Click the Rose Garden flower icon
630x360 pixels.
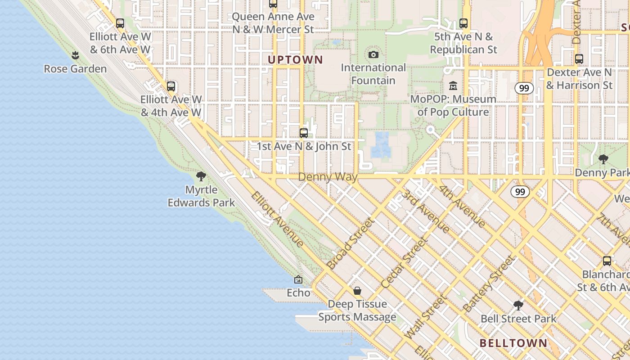click(75, 55)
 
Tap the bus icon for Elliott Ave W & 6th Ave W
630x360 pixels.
click(120, 23)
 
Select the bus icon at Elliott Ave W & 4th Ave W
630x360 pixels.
click(171, 86)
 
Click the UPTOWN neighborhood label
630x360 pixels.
click(296, 59)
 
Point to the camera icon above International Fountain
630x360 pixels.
click(373, 55)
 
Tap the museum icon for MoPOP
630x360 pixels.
click(453, 85)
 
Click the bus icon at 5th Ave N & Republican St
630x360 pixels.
click(463, 23)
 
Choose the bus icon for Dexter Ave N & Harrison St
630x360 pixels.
click(579, 59)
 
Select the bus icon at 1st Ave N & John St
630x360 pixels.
click(304, 133)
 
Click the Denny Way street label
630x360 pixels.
click(328, 177)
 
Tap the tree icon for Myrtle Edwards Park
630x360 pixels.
click(201, 176)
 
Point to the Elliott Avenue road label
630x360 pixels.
click(277, 219)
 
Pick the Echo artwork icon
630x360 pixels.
click(298, 280)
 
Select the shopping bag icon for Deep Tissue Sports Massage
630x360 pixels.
click(357, 291)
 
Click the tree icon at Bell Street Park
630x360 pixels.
click(518, 306)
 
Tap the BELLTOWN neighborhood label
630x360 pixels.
click(513, 343)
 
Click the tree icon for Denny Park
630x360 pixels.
click(603, 159)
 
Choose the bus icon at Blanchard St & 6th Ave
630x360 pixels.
click(607, 261)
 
